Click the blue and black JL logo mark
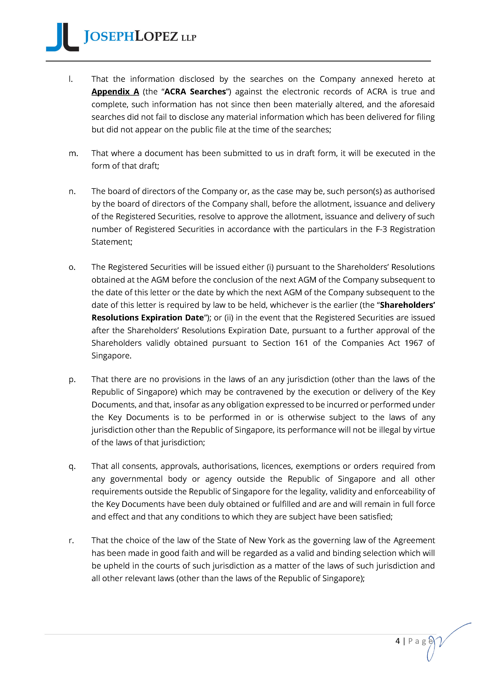[62, 37]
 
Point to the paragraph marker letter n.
[72, 191]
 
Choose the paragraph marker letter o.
[72, 267]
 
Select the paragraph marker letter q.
[72, 466]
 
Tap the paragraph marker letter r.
[71, 540]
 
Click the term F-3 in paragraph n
[381, 229]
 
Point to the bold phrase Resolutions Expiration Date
[148, 318]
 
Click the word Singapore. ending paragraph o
[111, 356]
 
